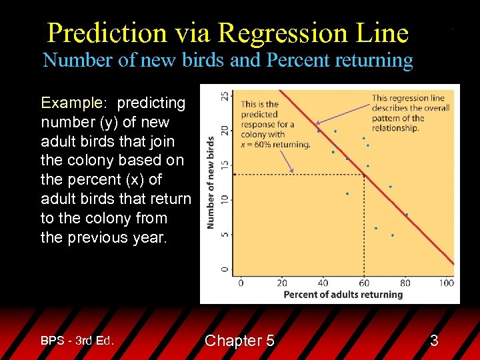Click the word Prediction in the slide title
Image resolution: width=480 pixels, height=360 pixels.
pos(107,32)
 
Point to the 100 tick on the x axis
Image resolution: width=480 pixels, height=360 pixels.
pos(447,283)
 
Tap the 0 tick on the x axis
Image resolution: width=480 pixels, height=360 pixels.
pos(241,283)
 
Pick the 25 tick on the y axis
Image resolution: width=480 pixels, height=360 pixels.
pos(225,96)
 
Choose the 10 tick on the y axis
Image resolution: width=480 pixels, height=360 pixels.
pos(225,199)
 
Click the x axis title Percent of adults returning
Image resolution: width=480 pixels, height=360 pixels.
pos(343,295)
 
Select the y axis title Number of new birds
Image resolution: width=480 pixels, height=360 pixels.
pos(211,183)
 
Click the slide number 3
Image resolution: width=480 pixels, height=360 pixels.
pos(434,341)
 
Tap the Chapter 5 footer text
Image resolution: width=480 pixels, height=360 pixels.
pos(239,341)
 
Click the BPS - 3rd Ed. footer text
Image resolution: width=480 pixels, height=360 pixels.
pos(77,341)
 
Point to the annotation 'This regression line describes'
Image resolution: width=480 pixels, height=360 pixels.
pos(410,113)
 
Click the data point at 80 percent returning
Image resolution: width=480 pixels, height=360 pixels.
pos(407,215)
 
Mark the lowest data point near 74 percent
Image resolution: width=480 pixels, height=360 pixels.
pos(393,235)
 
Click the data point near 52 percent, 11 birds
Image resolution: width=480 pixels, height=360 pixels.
pos(347,194)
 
